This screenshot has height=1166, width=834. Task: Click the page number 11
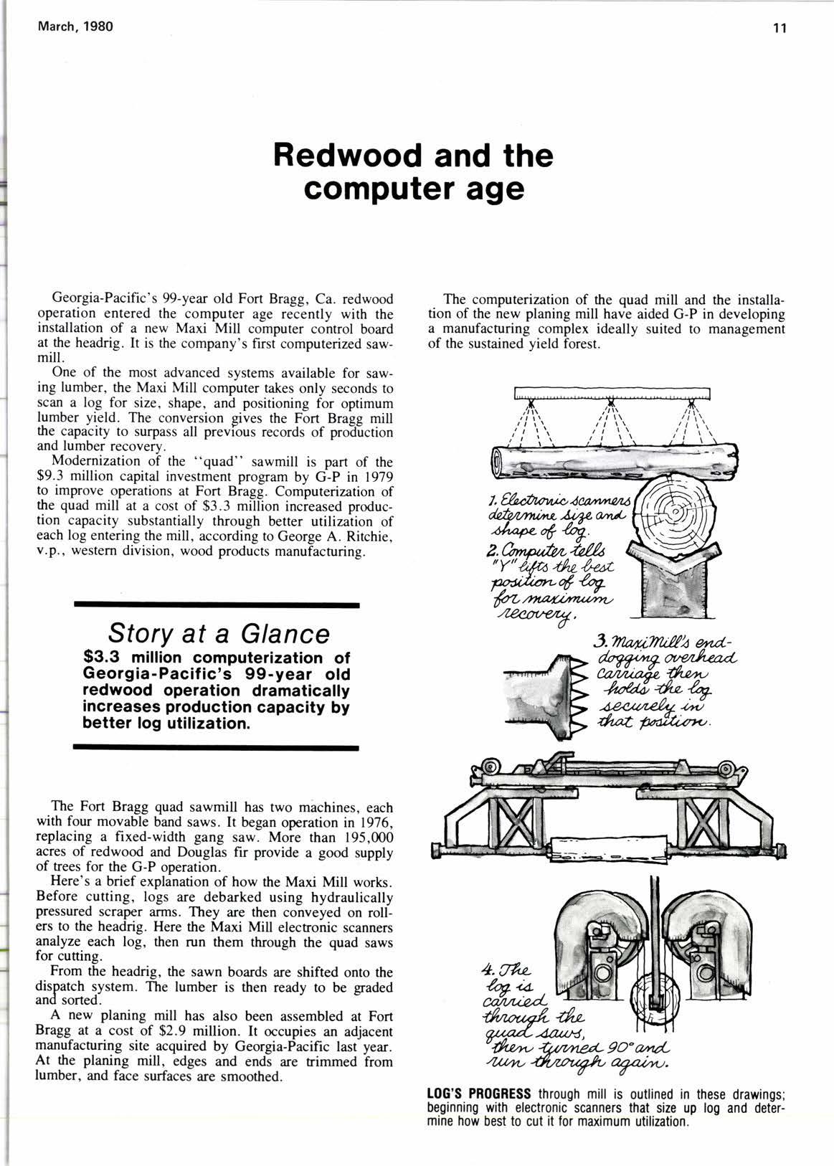(780, 29)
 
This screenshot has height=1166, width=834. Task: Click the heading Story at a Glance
(218, 633)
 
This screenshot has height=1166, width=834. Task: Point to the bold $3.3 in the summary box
(105, 657)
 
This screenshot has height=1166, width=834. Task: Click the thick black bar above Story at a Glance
(216, 606)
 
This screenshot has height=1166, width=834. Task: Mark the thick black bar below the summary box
(216, 748)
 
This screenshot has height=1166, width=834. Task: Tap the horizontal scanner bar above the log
(612, 393)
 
